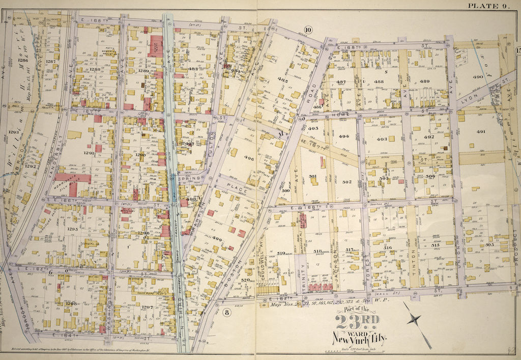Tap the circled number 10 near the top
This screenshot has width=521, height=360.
[308, 29]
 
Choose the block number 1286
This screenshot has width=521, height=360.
[22, 60]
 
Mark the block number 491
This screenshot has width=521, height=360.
[481, 131]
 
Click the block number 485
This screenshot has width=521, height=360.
[283, 80]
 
